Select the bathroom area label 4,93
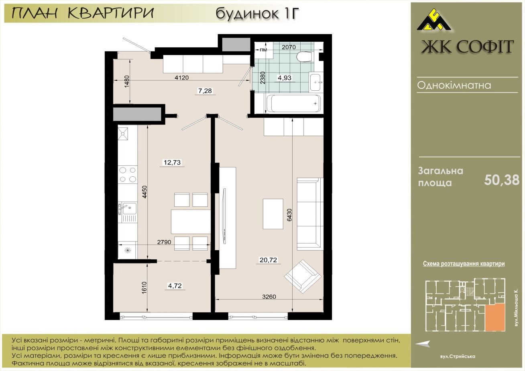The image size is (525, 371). (285, 77)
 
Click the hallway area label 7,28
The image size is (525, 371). (205, 90)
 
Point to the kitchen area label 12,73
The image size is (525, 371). (172, 162)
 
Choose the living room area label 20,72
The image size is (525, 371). (268, 260)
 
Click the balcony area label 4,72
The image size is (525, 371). (175, 285)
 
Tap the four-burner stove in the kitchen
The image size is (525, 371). (128, 174)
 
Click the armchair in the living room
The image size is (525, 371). (303, 276)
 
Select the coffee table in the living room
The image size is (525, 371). (273, 214)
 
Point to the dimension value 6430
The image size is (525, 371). (290, 215)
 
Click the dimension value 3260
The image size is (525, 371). (269, 297)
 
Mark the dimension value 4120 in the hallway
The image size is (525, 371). (182, 77)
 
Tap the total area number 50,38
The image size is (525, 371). (502, 180)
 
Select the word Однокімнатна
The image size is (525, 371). (454, 85)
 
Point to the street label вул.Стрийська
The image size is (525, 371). (458, 357)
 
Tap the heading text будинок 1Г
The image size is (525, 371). (257, 13)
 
